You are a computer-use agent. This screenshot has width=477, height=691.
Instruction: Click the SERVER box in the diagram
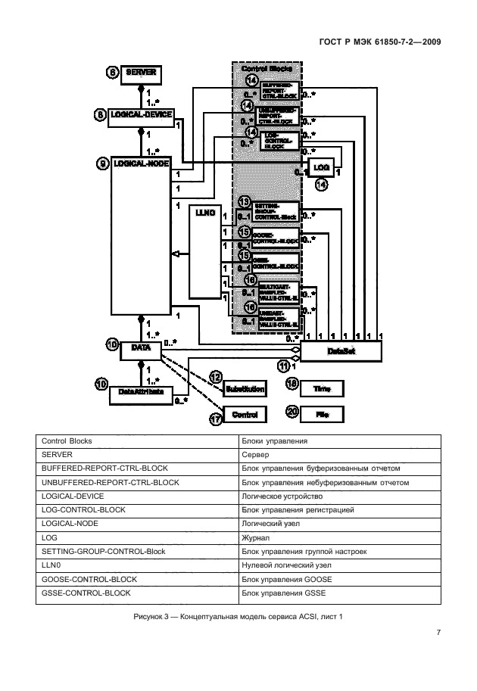click(x=142, y=73)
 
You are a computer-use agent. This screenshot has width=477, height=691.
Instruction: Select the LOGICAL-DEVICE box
click(x=142, y=114)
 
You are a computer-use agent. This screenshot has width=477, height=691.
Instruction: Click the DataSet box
click(x=341, y=350)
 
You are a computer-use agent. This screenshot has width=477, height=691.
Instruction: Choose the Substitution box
click(x=245, y=389)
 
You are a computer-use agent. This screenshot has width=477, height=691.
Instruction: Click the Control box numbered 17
click(x=245, y=414)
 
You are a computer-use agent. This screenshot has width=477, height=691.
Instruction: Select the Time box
click(x=321, y=389)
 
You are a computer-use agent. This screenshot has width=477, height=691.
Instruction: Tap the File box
click(x=321, y=414)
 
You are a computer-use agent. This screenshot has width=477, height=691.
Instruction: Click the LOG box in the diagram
click(x=321, y=166)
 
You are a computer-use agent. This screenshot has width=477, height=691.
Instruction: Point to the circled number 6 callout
click(x=113, y=73)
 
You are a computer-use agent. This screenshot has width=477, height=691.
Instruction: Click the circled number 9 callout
click(x=102, y=163)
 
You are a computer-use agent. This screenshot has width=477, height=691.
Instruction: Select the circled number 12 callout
click(x=216, y=376)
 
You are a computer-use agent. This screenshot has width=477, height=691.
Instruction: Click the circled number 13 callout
click(x=244, y=201)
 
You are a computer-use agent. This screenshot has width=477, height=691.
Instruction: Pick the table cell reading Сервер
click(x=338, y=453)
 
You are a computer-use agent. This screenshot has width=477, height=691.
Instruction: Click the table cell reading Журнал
click(x=338, y=537)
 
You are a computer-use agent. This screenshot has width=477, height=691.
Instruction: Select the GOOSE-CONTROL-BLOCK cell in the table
click(x=137, y=578)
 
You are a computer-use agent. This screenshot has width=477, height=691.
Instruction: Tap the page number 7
click(x=438, y=632)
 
